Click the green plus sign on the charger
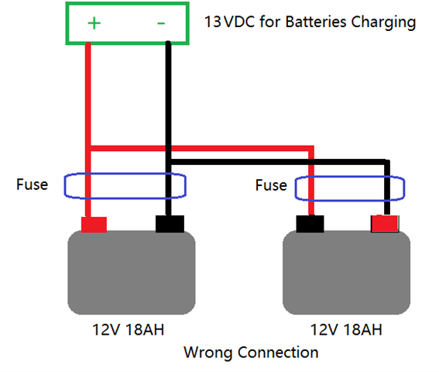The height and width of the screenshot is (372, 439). [x=94, y=23]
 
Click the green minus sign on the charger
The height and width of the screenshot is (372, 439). [x=161, y=23]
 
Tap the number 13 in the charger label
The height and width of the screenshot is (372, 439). [x=213, y=22]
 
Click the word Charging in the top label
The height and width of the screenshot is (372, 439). [x=383, y=22]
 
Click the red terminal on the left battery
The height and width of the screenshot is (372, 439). [x=94, y=225]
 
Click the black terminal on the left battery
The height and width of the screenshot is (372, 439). [x=170, y=224]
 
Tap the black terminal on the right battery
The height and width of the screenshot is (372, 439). [x=310, y=224]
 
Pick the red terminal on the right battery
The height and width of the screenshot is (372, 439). [x=385, y=223]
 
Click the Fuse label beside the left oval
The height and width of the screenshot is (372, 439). [x=33, y=184]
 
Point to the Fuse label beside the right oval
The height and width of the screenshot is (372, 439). [x=271, y=185]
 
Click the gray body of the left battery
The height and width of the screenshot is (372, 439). [x=132, y=273]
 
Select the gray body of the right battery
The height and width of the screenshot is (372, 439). [x=346, y=273]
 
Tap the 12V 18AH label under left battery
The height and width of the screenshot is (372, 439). [x=128, y=329]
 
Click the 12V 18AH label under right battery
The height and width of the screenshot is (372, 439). [x=346, y=329]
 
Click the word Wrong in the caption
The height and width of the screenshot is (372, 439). [x=208, y=353]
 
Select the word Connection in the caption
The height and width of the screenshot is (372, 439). [x=278, y=352]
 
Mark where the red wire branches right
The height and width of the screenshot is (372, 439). [x=88, y=148]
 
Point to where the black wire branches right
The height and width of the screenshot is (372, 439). [x=168, y=162]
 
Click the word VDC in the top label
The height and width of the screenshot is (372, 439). [x=239, y=22]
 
